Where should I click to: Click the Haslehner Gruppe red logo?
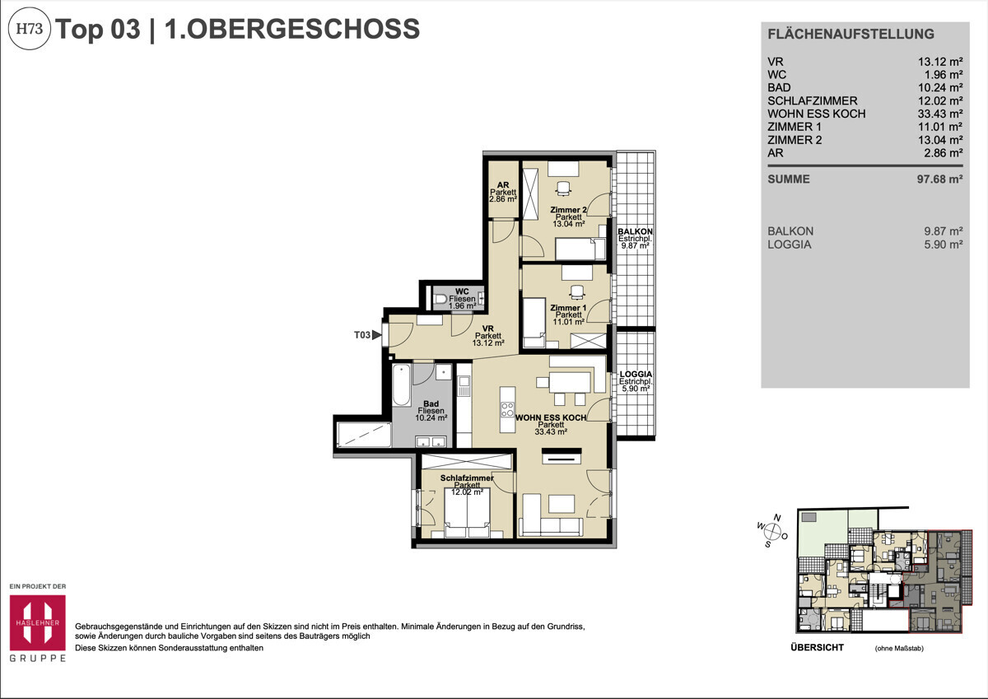pyautogui.click(x=36, y=622)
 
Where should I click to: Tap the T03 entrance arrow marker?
pyautogui.click(x=377, y=334)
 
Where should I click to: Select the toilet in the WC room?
pyautogui.click(x=441, y=299)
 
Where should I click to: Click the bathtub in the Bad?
pyautogui.click(x=401, y=385)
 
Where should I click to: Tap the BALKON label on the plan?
pyautogui.click(x=634, y=232)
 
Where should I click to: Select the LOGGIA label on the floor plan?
pyautogui.click(x=636, y=374)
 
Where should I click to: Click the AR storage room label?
pyautogui.click(x=502, y=186)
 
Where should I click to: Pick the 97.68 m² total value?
pyautogui.click(x=939, y=179)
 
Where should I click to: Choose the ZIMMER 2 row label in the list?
pyautogui.click(x=795, y=140)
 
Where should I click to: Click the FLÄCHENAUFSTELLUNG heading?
pyautogui.click(x=851, y=35)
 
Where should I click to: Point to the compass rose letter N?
pyautogui.click(x=776, y=517)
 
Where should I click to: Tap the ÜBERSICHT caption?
pyautogui.click(x=816, y=648)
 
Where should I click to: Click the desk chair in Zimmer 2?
pyautogui.click(x=562, y=189)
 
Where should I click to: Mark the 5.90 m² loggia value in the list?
pyautogui.click(x=943, y=245)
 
